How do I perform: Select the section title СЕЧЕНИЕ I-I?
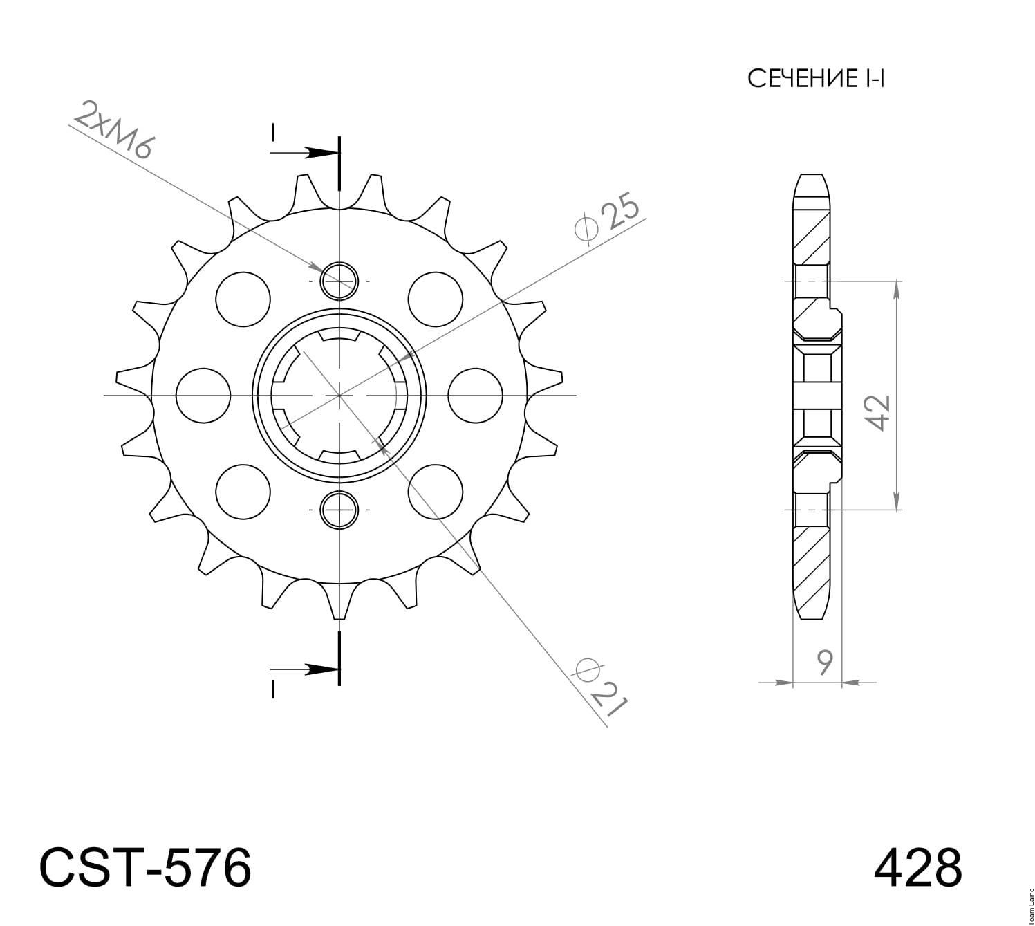816,79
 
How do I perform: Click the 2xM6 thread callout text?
113,131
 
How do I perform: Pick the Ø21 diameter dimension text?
601,687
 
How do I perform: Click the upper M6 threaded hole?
339,281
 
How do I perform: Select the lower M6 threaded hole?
339,510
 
